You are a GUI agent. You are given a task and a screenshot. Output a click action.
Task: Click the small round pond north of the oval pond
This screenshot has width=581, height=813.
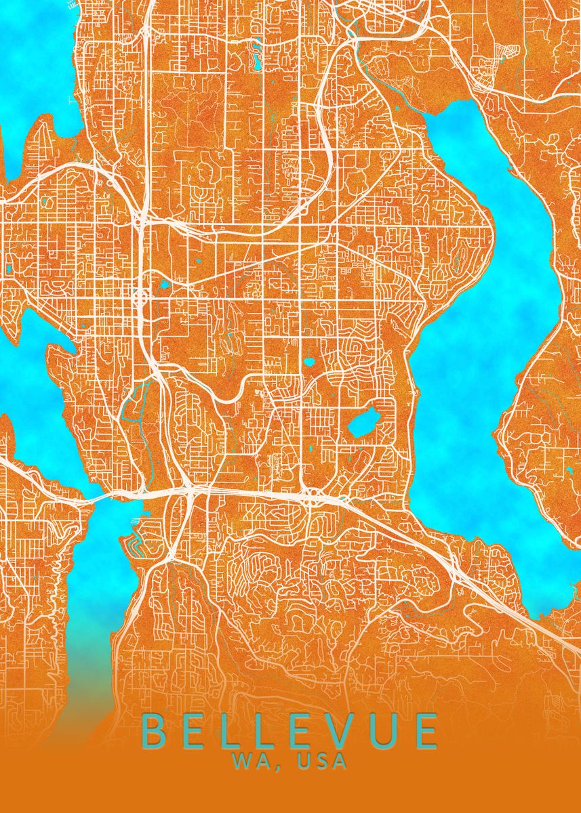click(x=309, y=362)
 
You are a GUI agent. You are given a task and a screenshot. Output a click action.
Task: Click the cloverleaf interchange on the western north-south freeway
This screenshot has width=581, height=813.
click(x=140, y=297)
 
